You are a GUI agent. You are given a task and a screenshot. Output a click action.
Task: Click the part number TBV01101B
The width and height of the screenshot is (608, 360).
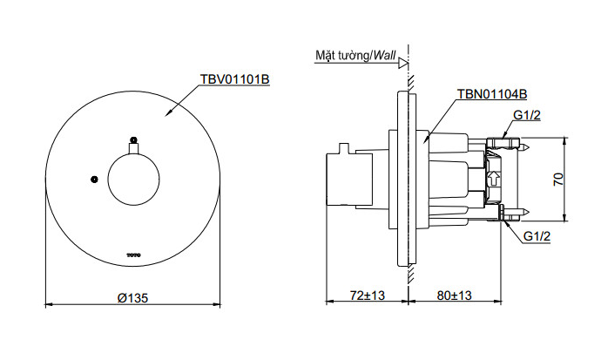234,78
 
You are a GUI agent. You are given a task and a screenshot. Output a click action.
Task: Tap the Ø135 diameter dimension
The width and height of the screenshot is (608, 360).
132,297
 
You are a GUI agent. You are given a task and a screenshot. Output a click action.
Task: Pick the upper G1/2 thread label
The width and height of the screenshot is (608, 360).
527,116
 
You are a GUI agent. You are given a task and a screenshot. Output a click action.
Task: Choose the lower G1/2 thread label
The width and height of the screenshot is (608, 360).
537,236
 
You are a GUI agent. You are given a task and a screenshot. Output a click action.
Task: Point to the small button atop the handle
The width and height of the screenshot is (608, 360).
133,139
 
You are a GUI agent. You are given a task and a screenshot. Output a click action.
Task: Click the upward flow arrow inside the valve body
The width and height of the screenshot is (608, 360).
495,179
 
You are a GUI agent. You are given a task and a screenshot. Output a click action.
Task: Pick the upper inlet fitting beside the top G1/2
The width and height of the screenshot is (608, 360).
504,141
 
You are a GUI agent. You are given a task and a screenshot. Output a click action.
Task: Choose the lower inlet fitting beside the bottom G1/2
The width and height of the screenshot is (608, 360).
507,213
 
